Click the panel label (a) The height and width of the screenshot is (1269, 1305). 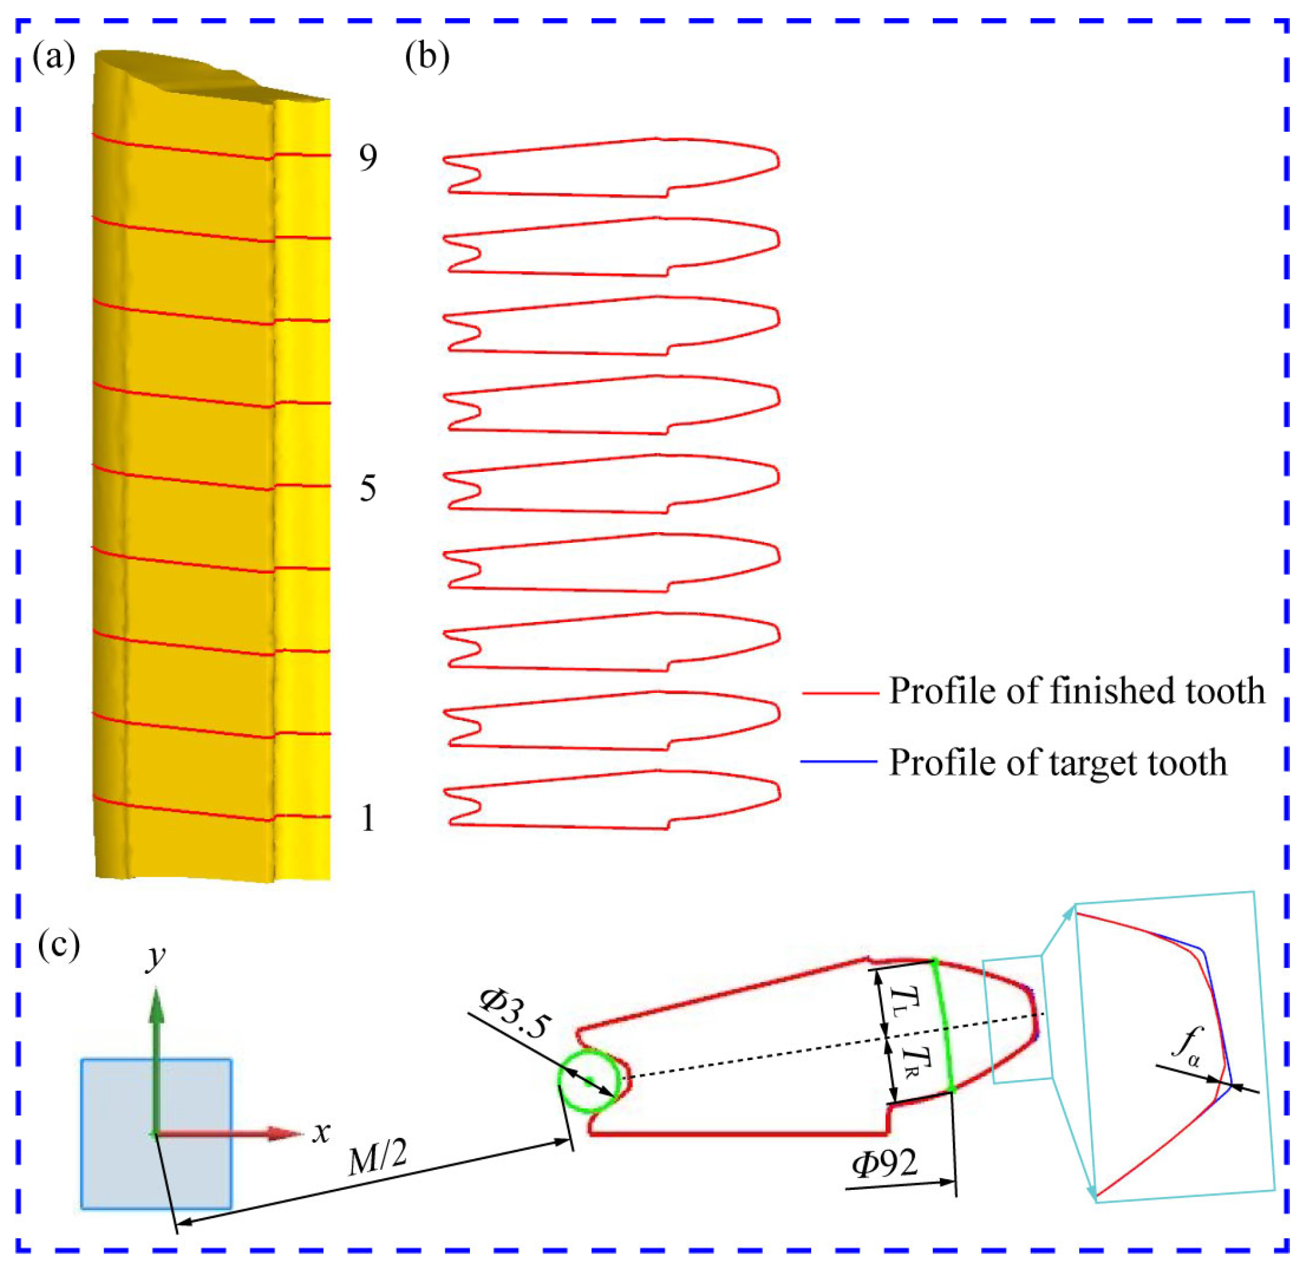point(53,58)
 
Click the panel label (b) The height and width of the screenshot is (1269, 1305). point(427,58)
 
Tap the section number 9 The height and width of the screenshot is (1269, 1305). point(368,158)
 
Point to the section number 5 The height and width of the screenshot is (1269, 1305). point(368,489)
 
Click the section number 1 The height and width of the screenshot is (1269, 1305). point(368,818)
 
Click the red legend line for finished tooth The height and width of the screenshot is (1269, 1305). point(840,693)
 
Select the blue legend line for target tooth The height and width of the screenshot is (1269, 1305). point(839,761)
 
